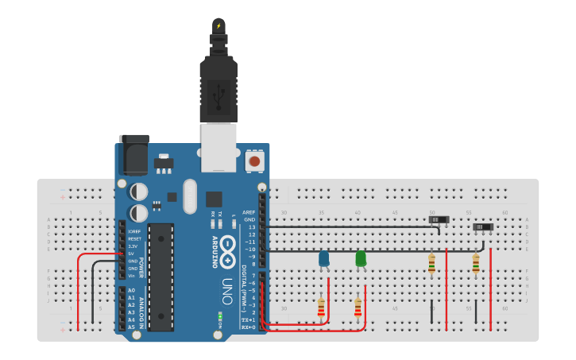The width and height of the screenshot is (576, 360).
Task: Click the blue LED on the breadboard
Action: (x=324, y=258)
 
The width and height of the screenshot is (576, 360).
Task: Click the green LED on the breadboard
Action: (x=361, y=258)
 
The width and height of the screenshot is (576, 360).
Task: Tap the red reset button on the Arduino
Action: (x=255, y=161)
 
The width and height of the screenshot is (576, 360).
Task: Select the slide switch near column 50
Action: (x=439, y=219)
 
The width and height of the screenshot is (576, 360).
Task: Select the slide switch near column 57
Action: (x=483, y=227)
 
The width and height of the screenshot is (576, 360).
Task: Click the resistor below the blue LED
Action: (x=321, y=308)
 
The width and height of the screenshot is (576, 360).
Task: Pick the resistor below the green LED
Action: (x=358, y=307)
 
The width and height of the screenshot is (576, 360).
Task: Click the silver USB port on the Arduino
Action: (x=218, y=147)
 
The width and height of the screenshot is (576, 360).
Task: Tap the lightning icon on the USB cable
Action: (x=218, y=25)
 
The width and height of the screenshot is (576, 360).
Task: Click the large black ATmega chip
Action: (x=160, y=277)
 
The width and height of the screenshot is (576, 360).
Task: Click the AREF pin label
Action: (x=249, y=213)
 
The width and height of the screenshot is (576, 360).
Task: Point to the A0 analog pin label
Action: (x=131, y=290)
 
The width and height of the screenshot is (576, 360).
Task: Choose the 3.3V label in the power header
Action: (x=133, y=246)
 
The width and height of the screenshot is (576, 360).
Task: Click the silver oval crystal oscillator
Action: (x=189, y=196)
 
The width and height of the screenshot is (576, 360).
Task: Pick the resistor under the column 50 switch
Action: (x=431, y=264)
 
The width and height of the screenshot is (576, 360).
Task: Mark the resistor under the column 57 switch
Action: (x=475, y=264)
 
